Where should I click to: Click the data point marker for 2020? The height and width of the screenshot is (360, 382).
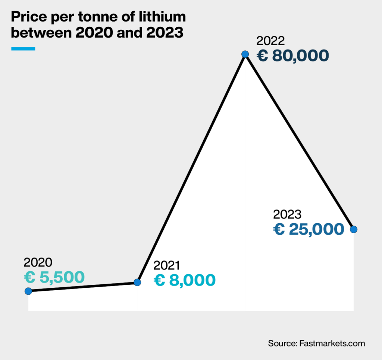click(x=28, y=291)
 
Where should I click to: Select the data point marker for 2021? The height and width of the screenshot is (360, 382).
click(x=137, y=282)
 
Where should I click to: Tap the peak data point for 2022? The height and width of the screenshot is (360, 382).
click(x=245, y=54)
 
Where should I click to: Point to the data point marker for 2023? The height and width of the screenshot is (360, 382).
click(x=354, y=229)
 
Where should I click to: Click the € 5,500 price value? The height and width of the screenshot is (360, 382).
click(x=54, y=277)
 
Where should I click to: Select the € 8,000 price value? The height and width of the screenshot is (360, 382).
click(x=185, y=280)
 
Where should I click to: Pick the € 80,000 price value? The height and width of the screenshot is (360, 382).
click(x=293, y=56)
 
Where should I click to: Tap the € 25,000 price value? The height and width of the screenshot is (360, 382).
click(x=309, y=229)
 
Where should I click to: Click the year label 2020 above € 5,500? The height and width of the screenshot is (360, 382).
click(x=38, y=262)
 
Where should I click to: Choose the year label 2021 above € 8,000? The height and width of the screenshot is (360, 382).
click(x=167, y=265)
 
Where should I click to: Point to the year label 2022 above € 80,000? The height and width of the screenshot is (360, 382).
click(x=271, y=41)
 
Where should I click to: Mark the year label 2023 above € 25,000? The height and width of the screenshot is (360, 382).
click(x=287, y=215)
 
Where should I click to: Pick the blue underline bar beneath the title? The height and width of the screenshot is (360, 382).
click(x=23, y=48)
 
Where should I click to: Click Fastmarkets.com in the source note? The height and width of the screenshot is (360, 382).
click(x=332, y=343)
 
